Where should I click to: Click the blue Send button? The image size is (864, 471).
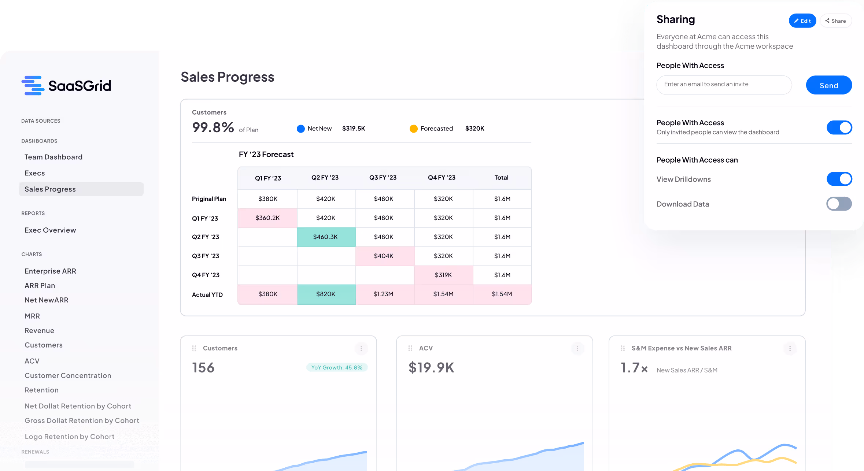[x=828, y=85]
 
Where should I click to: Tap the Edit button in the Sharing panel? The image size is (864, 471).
[x=802, y=21]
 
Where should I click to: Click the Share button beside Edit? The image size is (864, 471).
[x=835, y=21]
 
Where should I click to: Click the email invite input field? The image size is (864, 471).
[x=724, y=85]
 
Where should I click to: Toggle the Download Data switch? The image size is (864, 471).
[x=839, y=204]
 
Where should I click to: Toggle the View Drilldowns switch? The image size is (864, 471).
[x=839, y=179]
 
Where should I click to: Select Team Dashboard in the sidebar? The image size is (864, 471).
[x=53, y=157]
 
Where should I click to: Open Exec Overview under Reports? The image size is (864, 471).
[x=50, y=230]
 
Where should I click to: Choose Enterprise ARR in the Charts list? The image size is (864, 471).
[x=50, y=271]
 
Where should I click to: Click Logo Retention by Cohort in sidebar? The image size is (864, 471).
[x=70, y=437]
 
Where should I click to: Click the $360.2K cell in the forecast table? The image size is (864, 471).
[x=267, y=218]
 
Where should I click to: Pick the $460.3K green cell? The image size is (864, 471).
[x=326, y=237]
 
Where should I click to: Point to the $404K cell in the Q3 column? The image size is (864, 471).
[x=384, y=256]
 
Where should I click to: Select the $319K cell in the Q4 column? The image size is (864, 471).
[x=443, y=275]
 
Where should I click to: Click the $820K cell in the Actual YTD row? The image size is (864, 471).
[x=326, y=294]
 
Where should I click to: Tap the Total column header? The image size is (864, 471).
[x=501, y=178]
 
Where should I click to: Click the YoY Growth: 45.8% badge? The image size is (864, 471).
[x=337, y=367]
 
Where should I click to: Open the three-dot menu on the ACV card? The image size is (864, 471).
[x=577, y=348]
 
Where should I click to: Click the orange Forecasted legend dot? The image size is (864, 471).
[x=413, y=129]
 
